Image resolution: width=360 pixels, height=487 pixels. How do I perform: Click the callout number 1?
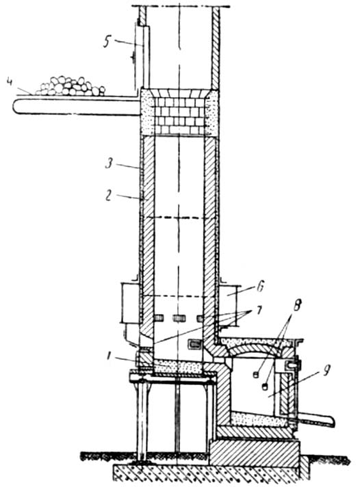pyautogui.click(x=109, y=356)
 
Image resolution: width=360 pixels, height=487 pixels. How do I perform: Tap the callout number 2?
pyautogui.click(x=108, y=196)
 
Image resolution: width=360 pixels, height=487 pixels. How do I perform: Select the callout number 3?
pyautogui.click(x=109, y=163)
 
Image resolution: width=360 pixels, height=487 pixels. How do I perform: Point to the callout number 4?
pyautogui.click(x=10, y=83)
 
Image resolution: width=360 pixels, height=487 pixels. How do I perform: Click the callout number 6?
pyautogui.click(x=260, y=287)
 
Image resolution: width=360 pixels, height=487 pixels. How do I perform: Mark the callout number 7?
pyautogui.click(x=259, y=311)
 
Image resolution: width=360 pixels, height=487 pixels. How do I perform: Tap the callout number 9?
pyautogui.click(x=326, y=371)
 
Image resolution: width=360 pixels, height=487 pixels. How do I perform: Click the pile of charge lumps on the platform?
pyautogui.click(x=71, y=86)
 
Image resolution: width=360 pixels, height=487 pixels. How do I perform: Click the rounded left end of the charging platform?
pyautogui.click(x=16, y=107)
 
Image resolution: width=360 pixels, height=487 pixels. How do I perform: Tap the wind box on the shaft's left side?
pyautogui.click(x=130, y=303)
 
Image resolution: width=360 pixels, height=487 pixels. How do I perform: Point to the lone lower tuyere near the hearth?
pyautogui.click(x=195, y=344)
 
